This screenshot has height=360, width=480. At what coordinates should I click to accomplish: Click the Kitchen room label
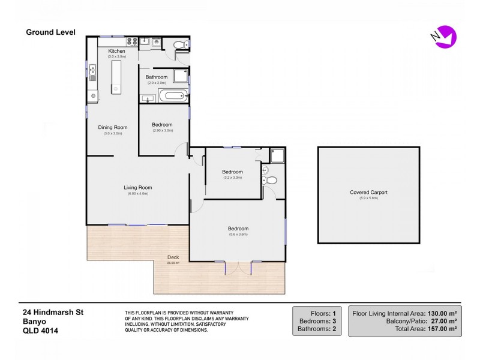[x=116, y=52]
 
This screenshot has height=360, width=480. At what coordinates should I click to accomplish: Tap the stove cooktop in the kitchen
[x=132, y=41]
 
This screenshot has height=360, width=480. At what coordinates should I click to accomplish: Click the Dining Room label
[x=113, y=127]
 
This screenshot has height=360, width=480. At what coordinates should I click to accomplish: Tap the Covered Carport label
[x=368, y=192]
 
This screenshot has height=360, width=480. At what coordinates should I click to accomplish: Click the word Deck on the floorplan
[x=173, y=257]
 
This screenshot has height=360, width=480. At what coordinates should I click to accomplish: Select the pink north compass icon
[x=445, y=37]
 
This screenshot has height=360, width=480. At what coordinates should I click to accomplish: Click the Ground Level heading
[x=50, y=32]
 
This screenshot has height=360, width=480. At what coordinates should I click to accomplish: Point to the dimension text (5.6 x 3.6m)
[x=238, y=235]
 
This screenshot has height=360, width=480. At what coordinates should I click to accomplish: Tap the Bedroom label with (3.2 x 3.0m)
[x=232, y=172]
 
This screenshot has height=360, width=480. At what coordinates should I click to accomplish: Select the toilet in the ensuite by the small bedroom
[x=271, y=180]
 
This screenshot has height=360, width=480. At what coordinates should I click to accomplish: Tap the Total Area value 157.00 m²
[x=442, y=329]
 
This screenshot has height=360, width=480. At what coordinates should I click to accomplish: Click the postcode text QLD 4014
[x=41, y=330]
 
